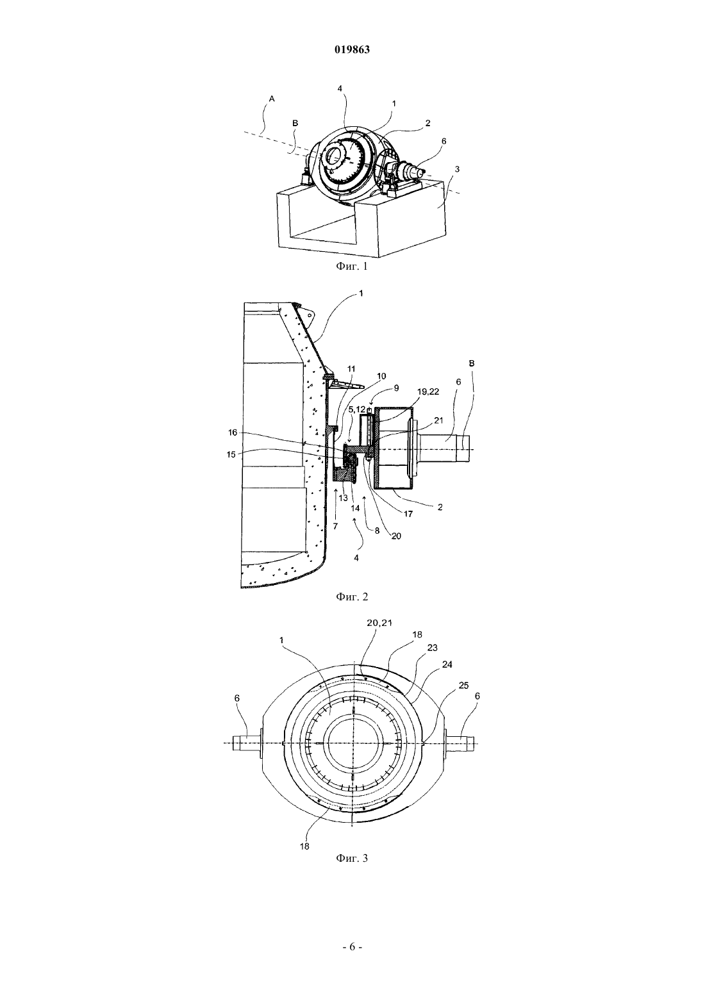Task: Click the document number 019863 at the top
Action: (x=352, y=50)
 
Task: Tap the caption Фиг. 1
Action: (x=352, y=267)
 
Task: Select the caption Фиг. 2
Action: (x=352, y=597)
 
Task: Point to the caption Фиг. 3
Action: (x=352, y=858)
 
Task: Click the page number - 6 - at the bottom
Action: (x=352, y=946)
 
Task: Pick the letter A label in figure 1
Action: (x=272, y=99)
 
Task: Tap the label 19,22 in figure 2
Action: (x=428, y=391)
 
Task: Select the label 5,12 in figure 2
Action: (x=356, y=408)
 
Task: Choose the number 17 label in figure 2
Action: (x=408, y=514)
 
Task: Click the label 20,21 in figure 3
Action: (x=379, y=623)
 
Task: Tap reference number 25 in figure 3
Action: (x=464, y=686)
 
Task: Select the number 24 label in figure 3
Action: (x=447, y=664)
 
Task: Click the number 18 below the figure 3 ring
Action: (x=304, y=846)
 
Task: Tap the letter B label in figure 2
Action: (x=472, y=363)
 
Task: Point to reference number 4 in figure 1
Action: (x=340, y=88)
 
